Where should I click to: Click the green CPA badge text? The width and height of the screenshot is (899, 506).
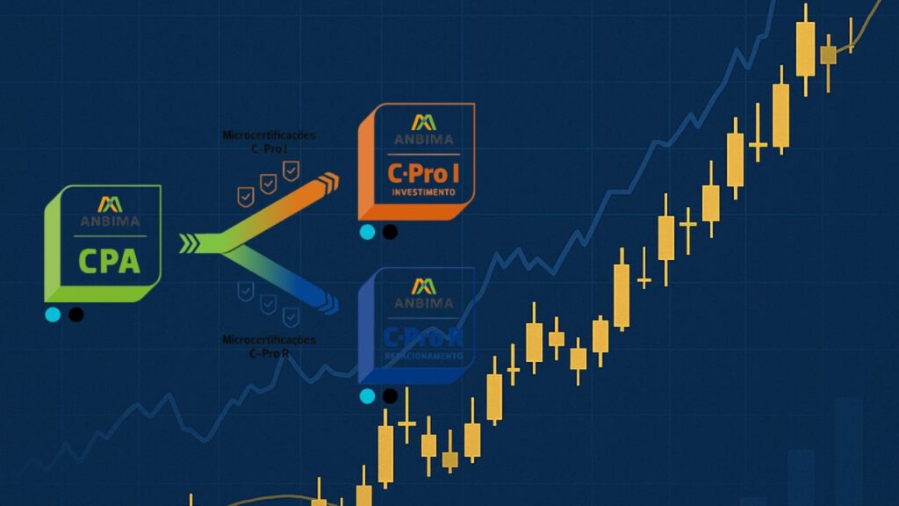[109, 261]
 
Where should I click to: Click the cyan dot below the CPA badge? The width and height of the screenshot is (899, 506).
[53, 314]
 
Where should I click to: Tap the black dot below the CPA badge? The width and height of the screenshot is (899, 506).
[76, 314]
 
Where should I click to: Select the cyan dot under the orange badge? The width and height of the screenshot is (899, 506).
[367, 232]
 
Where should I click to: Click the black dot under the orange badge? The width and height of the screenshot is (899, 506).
[389, 232]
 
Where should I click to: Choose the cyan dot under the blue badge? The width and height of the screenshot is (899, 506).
[367, 396]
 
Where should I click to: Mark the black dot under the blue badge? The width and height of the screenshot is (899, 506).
[389, 396]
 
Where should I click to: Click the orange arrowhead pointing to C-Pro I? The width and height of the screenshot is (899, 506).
[328, 182]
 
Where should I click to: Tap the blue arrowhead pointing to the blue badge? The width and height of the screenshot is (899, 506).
[328, 305]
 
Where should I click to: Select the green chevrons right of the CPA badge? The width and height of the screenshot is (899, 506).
[190, 243]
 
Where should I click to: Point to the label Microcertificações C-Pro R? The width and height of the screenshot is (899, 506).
[270, 345]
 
